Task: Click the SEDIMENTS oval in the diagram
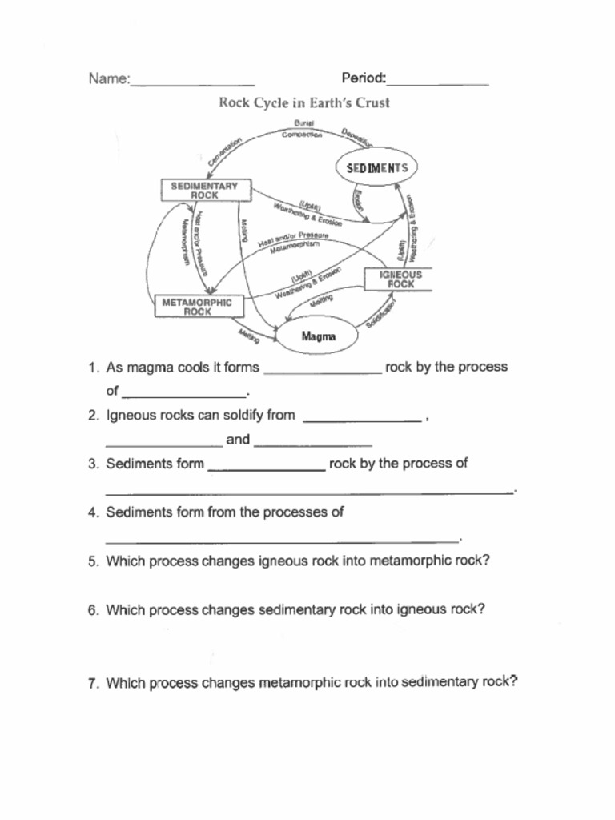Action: click(x=376, y=168)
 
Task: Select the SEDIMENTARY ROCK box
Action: click(x=204, y=191)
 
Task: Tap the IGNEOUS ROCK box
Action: click(x=400, y=279)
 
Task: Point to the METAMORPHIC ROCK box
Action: click(x=197, y=307)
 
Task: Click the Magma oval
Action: click(x=318, y=336)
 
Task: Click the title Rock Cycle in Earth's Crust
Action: click(x=304, y=103)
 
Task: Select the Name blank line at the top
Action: click(x=192, y=83)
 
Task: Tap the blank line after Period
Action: click(x=438, y=82)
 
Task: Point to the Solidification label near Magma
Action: click(x=381, y=315)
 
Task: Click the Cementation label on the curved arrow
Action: click(x=225, y=151)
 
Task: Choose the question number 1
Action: click(x=94, y=368)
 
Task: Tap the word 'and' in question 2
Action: click(x=238, y=440)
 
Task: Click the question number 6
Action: click(x=94, y=610)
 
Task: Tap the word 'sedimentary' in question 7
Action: click(x=439, y=683)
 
